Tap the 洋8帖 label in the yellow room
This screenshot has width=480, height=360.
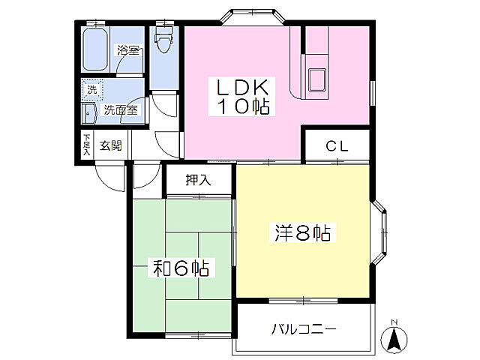coord(300,233)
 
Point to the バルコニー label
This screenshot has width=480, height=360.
coord(304,328)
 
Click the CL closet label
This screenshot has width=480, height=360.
coord(337,146)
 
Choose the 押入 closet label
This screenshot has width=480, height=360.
coord(198,180)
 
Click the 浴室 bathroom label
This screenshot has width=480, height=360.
coord(127,51)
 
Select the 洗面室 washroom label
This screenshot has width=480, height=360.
coord(120,109)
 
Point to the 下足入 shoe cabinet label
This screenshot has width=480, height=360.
coord(87,145)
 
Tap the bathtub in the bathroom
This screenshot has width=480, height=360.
coord(96,49)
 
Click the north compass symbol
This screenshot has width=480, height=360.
coord(394,338)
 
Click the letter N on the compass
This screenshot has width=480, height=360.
coord(394,324)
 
